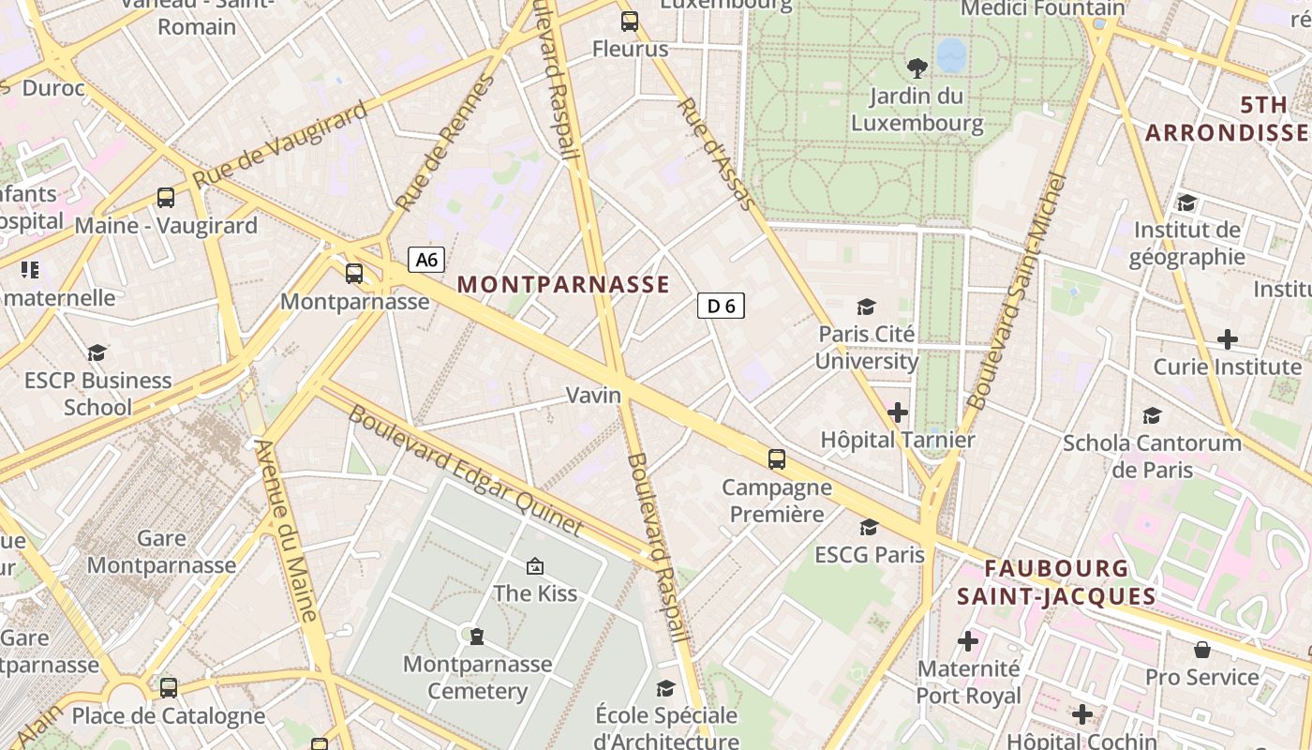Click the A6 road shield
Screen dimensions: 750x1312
(425, 260)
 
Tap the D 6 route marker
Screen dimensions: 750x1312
(721, 305)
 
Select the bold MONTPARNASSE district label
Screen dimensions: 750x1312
(564, 284)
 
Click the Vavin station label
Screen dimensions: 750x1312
(593, 395)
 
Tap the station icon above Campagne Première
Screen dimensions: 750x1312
(776, 458)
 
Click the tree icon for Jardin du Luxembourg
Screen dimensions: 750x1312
(917, 67)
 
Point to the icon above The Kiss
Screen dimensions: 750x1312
(535, 565)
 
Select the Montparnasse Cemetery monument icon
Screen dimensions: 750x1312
(477, 637)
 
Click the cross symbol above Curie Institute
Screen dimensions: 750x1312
(1227, 338)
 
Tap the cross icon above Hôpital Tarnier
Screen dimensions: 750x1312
(898, 412)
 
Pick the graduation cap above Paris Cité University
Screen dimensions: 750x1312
(866, 307)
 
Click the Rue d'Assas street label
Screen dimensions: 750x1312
(716, 153)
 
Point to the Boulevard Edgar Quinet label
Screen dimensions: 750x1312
(466, 471)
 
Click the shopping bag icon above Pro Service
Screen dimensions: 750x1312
(1201, 650)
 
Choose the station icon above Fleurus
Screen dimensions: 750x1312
(630, 21)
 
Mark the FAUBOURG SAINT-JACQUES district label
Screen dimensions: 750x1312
(1056, 582)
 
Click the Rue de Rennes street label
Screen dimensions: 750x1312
(443, 143)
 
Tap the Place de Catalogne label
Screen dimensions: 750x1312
(169, 716)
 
